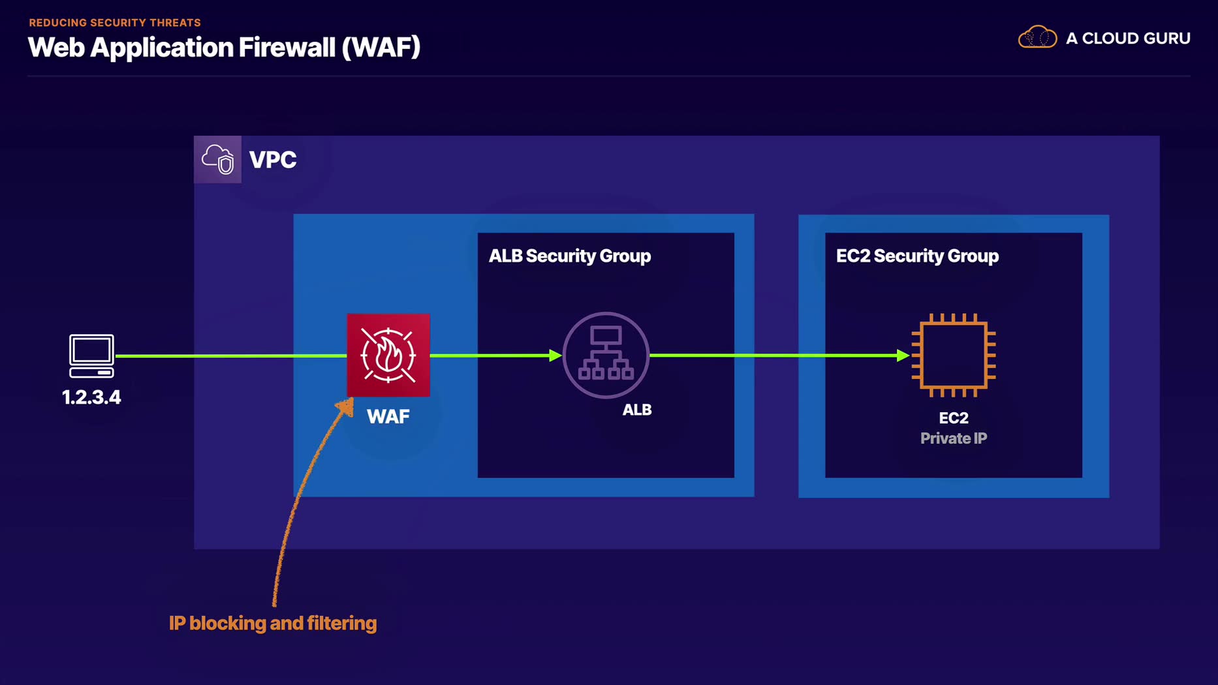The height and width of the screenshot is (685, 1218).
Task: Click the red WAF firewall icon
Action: pyautogui.click(x=388, y=355)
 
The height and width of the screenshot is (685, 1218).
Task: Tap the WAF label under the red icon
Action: pyautogui.click(x=388, y=416)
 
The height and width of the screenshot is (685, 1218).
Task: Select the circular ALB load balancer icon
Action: pyautogui.click(x=606, y=355)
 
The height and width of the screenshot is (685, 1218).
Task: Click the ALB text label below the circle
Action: pyautogui.click(x=636, y=410)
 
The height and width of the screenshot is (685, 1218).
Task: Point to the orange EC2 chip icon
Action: pyautogui.click(x=953, y=355)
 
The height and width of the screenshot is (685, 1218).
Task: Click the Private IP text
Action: pyautogui.click(x=953, y=438)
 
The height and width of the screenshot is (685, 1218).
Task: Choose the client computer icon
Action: pyautogui.click(x=91, y=356)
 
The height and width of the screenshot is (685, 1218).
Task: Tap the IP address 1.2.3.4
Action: pyautogui.click(x=91, y=397)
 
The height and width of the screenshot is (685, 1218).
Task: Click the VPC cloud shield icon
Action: pyautogui.click(x=218, y=159)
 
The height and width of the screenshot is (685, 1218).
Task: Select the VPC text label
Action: pyautogui.click(x=273, y=160)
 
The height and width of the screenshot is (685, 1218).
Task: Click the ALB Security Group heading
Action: pyautogui.click(x=570, y=256)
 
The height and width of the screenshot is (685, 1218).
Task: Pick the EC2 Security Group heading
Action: pyautogui.click(x=917, y=256)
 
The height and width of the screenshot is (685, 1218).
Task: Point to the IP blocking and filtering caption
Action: pyautogui.click(x=273, y=623)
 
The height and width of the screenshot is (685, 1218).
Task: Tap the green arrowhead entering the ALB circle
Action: pyautogui.click(x=555, y=356)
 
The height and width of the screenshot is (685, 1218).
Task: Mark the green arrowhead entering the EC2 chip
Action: pyautogui.click(x=903, y=356)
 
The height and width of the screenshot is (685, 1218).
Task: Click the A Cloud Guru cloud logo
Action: pyautogui.click(x=1037, y=37)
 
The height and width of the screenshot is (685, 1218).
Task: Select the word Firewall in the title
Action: pyautogui.click(x=287, y=47)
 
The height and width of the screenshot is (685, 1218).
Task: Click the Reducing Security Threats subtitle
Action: pyautogui.click(x=115, y=22)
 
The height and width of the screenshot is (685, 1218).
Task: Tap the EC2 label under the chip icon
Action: pyautogui.click(x=953, y=418)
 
